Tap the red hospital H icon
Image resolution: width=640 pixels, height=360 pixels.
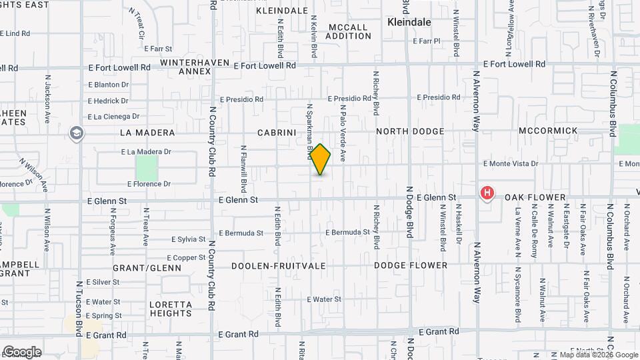coord(487,194)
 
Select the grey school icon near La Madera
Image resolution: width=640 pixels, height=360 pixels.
coord(76,133)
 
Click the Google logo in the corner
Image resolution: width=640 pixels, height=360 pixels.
coord(22,351)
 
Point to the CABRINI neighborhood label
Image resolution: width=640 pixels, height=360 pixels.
coord(277,132)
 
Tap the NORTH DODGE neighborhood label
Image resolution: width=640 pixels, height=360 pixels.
coord(409,131)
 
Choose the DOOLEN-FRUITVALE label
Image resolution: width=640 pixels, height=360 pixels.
coord(279,265)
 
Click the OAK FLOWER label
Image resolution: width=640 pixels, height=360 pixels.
coord(535,197)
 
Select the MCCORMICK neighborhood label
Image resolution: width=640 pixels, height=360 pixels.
coord(548,131)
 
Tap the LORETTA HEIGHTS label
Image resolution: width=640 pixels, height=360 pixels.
coord(171,309)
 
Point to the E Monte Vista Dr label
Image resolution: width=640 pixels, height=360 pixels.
coord(511,163)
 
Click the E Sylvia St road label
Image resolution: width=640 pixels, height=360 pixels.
coord(187,239)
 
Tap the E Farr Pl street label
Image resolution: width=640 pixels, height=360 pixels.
coord(427,41)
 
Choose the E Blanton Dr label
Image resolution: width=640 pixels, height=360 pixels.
coord(109,85)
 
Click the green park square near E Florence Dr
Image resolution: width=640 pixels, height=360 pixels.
coord(147,167)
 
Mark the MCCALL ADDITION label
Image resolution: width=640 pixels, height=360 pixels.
coord(349,31)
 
